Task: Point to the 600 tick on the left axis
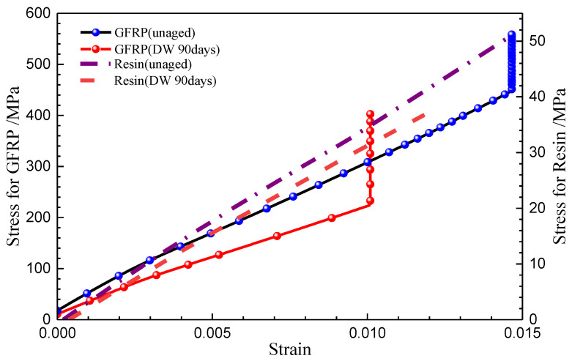click(37, 13)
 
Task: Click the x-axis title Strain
click(289, 350)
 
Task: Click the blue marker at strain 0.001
click(86, 293)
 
